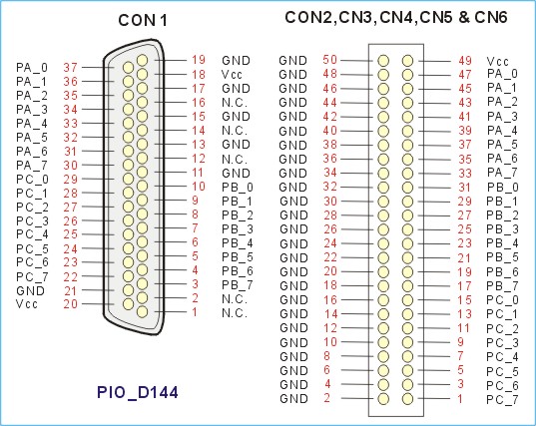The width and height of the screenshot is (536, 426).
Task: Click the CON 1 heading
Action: pos(143,21)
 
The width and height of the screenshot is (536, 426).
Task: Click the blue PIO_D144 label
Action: pos(138,392)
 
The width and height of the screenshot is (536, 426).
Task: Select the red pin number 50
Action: pos(329,60)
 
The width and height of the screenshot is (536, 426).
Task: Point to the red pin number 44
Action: pos(329,102)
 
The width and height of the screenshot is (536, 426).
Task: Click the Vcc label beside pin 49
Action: pos(498,62)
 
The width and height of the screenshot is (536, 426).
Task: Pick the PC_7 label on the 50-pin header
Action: pos(502,399)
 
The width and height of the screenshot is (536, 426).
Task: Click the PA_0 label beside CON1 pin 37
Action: pos(32,68)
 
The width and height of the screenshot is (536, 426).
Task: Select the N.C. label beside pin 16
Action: pos(235,103)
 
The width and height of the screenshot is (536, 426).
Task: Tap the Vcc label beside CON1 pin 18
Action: pos(232,75)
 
